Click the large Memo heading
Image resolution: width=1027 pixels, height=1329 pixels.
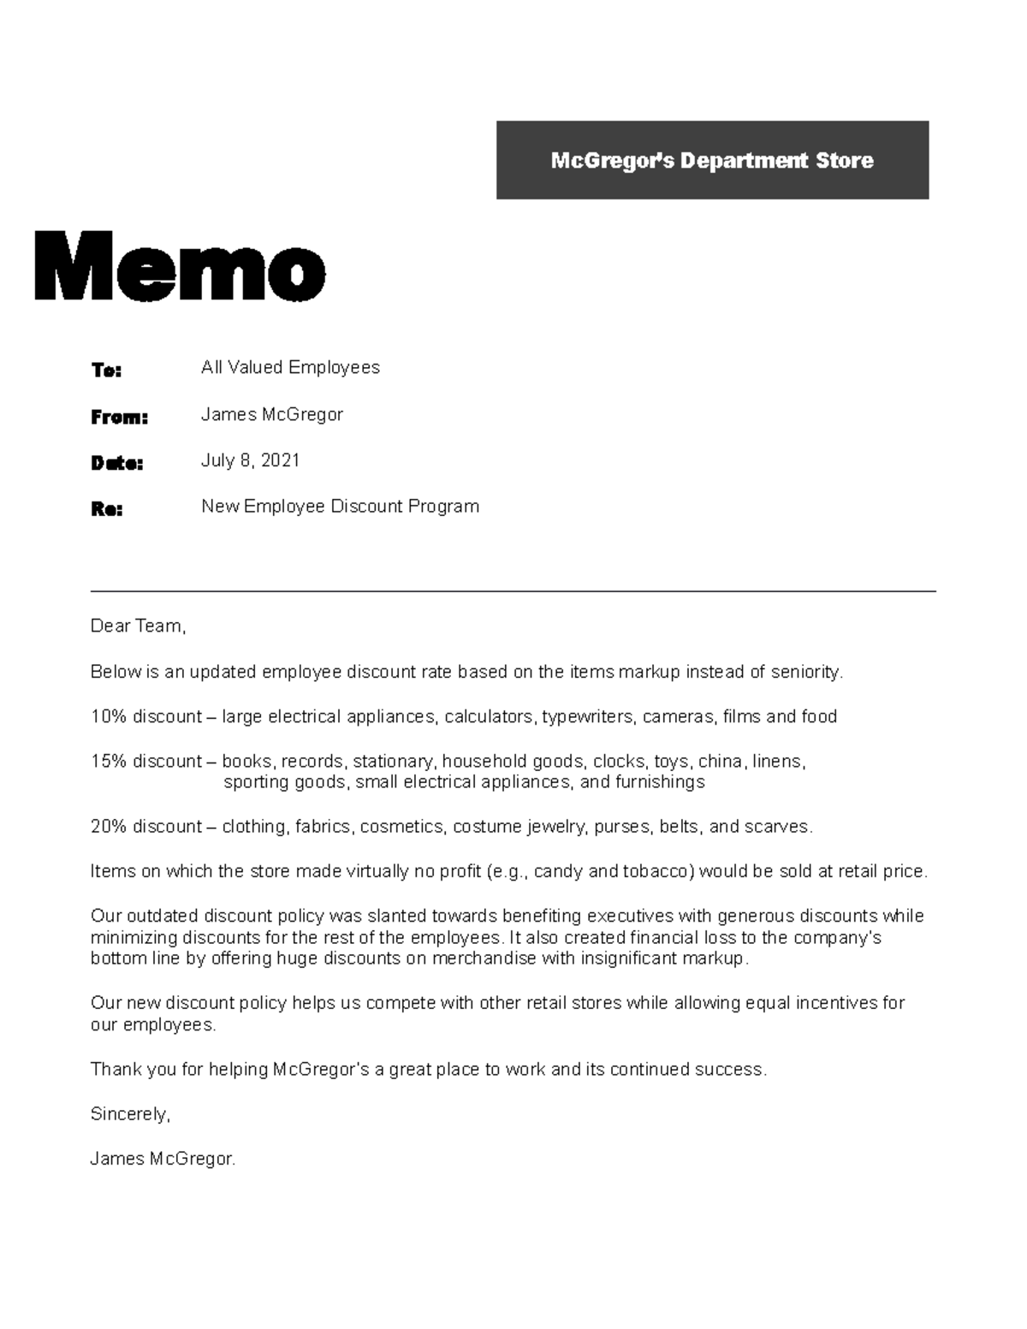(x=180, y=266)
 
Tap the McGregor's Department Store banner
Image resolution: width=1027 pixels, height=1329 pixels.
(x=712, y=160)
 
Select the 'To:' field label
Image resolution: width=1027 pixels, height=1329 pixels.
(x=106, y=370)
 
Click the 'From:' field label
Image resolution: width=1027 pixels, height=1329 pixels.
(x=119, y=417)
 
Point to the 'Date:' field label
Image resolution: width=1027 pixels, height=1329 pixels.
(x=116, y=463)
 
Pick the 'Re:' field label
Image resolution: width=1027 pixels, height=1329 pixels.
(x=106, y=509)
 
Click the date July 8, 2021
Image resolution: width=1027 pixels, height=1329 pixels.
(x=250, y=460)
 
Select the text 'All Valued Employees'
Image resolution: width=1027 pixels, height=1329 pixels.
(x=290, y=367)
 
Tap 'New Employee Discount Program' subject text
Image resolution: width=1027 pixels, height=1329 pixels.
(x=340, y=506)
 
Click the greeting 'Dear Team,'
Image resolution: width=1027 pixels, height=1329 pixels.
(x=138, y=626)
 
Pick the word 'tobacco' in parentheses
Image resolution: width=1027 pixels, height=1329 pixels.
(x=660, y=871)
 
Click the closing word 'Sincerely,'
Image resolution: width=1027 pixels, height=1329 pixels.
(x=130, y=1113)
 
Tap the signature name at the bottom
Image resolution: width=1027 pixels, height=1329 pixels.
(x=162, y=1159)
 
